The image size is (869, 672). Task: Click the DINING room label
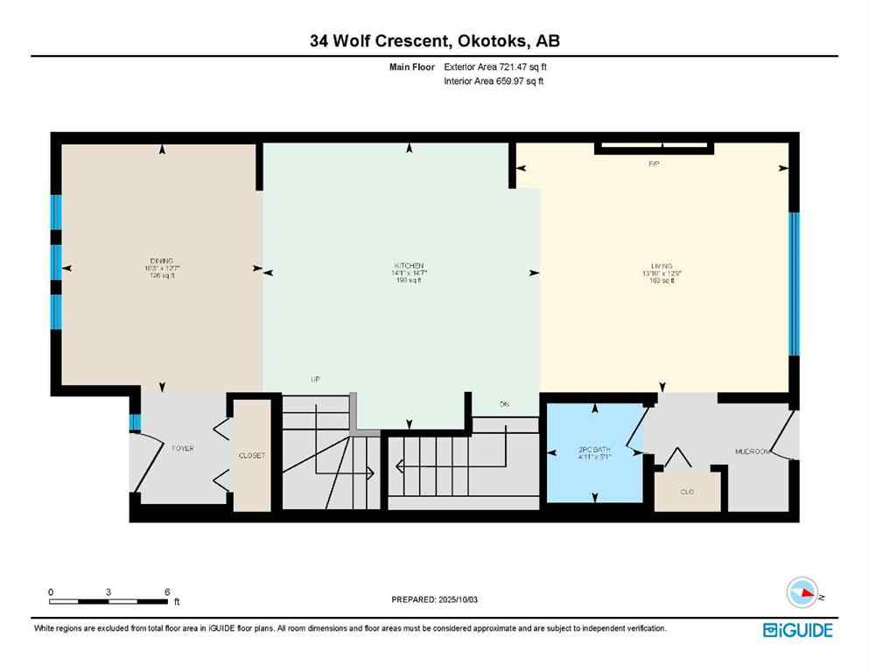pos(160,261)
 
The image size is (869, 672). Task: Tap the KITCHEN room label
pos(409,265)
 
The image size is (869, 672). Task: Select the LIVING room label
pos(661,265)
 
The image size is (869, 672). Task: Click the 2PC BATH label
pos(594,451)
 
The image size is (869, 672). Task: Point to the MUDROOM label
pos(751,451)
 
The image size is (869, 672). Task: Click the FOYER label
pos(182,448)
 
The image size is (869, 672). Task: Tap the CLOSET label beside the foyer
pos(252,456)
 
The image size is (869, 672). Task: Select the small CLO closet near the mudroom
pos(687,492)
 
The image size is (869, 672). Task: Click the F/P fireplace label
pos(653,164)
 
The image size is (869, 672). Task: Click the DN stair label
pos(504,404)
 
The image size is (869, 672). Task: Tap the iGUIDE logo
pos(797,630)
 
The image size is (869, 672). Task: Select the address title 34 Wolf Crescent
pos(433,40)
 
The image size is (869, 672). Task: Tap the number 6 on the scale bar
pos(166,592)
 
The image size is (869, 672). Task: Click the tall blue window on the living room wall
pos(793,283)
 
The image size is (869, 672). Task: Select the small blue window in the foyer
pos(134,423)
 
